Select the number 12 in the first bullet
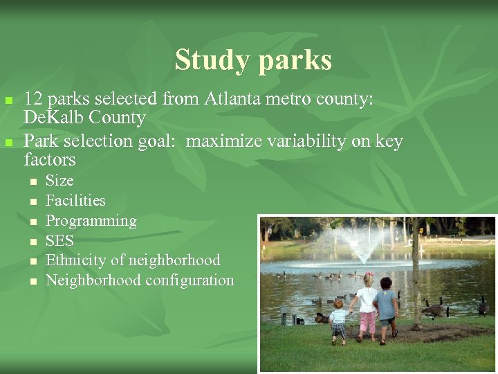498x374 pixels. click(x=33, y=99)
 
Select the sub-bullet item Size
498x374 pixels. click(x=59, y=181)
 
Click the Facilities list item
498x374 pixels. click(x=75, y=201)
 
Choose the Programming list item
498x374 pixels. click(x=91, y=221)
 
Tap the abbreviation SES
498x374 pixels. click(x=59, y=241)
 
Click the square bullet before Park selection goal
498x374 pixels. click(x=8, y=142)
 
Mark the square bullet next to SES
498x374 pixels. click(x=33, y=242)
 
